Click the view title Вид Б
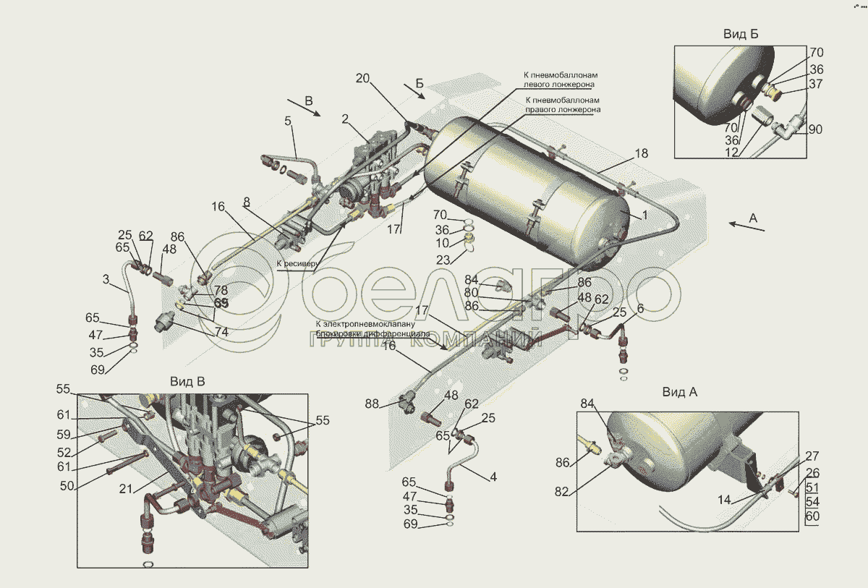(740, 34)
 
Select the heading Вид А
(679, 392)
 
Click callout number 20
(362, 78)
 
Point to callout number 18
(642, 153)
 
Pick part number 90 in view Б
(816, 129)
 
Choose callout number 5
(288, 122)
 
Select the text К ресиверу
(297, 264)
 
